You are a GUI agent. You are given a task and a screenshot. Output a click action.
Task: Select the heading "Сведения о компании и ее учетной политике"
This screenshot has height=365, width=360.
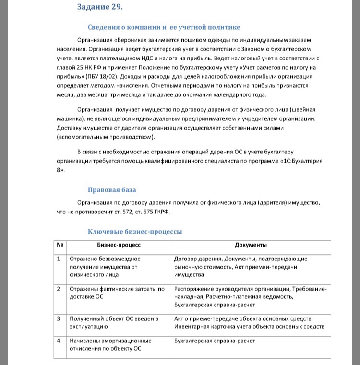(164, 27)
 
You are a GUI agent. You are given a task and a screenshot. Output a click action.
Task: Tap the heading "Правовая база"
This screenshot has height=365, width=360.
(112, 189)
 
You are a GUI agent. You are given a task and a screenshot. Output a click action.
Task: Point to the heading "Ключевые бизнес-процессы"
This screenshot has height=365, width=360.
(135, 232)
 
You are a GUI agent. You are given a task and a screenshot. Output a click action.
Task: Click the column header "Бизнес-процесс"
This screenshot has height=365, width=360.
(119, 245)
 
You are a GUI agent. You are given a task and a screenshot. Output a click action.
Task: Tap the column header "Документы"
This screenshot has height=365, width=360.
(251, 245)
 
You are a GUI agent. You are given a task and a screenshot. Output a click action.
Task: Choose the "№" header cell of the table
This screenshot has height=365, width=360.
(60, 245)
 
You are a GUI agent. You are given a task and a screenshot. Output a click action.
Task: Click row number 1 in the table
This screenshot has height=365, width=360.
(59, 259)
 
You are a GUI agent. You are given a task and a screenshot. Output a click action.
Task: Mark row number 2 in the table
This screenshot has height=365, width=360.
(59, 289)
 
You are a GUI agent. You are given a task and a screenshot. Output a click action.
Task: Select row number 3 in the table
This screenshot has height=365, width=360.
(59, 318)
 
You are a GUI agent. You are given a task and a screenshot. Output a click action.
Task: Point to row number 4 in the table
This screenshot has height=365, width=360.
(59, 341)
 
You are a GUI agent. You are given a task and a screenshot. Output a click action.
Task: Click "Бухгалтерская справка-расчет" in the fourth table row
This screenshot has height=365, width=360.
(215, 341)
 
